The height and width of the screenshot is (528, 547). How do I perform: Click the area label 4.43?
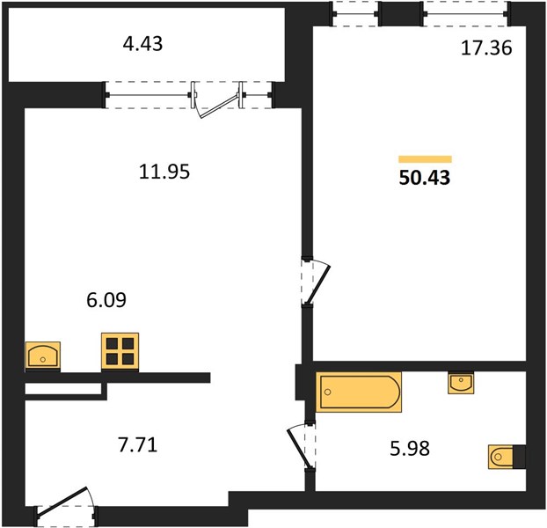(142, 44)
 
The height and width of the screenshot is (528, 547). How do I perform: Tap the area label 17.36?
(486, 48)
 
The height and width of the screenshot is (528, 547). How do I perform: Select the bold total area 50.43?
(425, 178)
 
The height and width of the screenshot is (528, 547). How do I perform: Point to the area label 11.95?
(164, 172)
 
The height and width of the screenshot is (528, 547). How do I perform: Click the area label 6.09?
(106, 300)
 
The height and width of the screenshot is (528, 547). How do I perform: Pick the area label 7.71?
(138, 445)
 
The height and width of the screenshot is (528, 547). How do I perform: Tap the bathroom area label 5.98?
(410, 449)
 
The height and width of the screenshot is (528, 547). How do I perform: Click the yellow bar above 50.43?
(426, 159)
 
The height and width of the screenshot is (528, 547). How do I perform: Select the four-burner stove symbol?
(120, 351)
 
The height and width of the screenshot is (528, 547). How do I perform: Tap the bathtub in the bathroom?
(359, 392)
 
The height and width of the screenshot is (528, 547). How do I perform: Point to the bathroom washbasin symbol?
(461, 383)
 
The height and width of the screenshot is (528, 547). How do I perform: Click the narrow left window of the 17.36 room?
(355, 14)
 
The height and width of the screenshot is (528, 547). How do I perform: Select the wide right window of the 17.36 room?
(466, 14)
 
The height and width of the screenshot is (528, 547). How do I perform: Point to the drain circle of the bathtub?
(327, 392)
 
